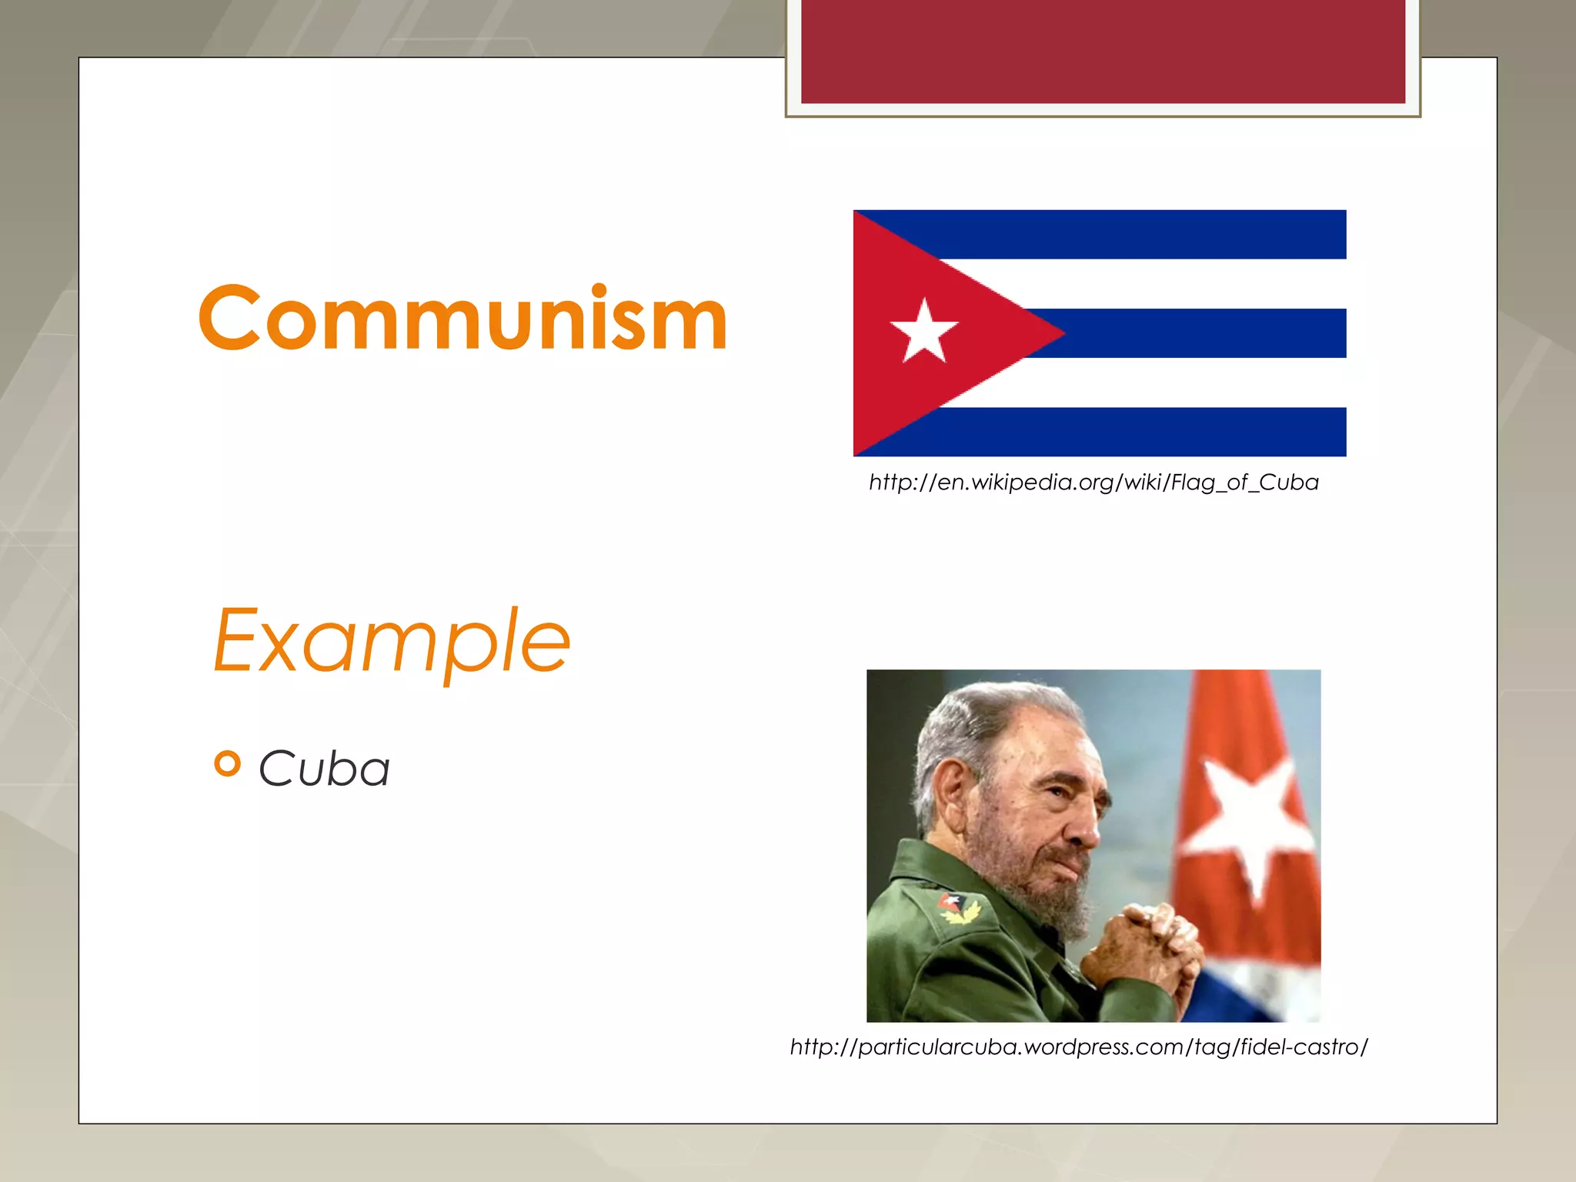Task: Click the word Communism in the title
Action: click(462, 318)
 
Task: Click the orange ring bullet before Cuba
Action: click(228, 763)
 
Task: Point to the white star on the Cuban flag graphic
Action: click(923, 332)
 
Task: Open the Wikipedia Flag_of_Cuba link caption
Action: click(1094, 482)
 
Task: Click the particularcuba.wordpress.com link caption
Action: click(1079, 1047)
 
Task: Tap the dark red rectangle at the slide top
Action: click(1103, 51)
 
